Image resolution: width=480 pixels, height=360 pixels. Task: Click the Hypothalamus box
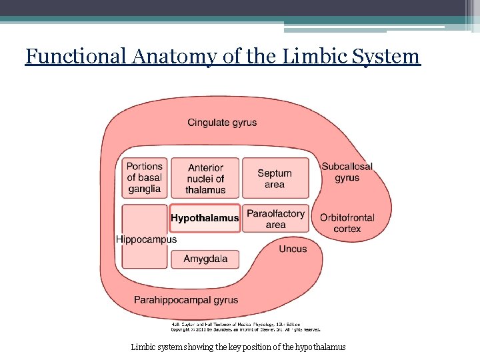(x=205, y=218)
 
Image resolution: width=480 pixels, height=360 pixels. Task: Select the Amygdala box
(x=205, y=259)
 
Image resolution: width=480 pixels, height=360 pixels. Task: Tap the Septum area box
(x=275, y=179)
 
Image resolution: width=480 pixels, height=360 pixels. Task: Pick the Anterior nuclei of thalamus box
(x=205, y=179)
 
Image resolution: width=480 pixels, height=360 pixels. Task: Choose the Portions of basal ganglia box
(x=145, y=178)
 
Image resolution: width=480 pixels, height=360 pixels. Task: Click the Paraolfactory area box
(x=275, y=219)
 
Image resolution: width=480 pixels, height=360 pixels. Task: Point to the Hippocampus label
(x=147, y=239)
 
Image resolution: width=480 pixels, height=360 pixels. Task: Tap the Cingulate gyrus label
(x=222, y=123)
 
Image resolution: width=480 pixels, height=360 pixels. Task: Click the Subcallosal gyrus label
(x=347, y=172)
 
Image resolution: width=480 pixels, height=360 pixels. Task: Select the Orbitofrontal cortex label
(x=347, y=223)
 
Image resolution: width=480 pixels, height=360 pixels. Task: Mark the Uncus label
(x=293, y=249)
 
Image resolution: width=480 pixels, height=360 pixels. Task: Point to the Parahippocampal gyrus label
(x=186, y=300)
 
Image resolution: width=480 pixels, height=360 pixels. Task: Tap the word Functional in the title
(x=77, y=56)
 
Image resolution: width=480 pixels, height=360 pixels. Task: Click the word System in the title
(x=388, y=56)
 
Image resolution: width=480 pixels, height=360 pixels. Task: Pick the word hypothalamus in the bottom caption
(x=320, y=347)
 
